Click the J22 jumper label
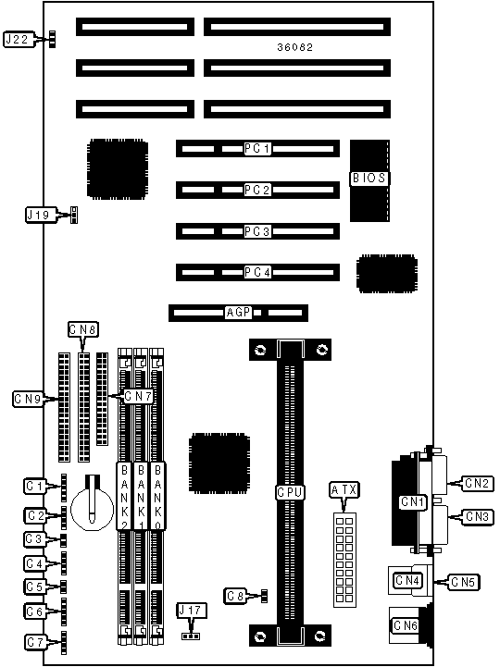pyautogui.click(x=18, y=40)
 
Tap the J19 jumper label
pyautogui.click(x=38, y=215)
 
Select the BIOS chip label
pyautogui.click(x=369, y=178)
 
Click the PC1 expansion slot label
pyautogui.click(x=257, y=148)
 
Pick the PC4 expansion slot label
pyautogui.click(x=257, y=272)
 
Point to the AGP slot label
pyautogui.click(x=238, y=313)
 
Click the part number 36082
pyautogui.click(x=294, y=47)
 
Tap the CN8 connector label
pyautogui.click(x=83, y=329)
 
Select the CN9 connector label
pyautogui.click(x=28, y=399)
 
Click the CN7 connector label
pyautogui.click(x=138, y=397)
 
